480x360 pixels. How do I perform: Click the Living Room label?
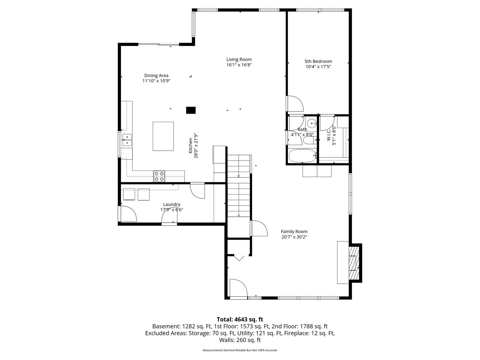[x=239, y=59]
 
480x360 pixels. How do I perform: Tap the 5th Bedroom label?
[x=318, y=61]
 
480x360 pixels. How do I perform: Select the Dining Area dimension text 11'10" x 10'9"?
[x=156, y=81]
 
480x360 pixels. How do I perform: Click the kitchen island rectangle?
[x=163, y=136]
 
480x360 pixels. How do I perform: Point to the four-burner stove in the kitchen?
[x=159, y=176]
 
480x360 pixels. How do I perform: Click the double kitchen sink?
[x=127, y=140]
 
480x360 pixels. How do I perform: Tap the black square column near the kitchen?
[x=191, y=110]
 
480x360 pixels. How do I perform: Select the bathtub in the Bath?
[x=303, y=156]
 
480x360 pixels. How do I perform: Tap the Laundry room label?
[x=172, y=204]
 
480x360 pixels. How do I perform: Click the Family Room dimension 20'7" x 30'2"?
[x=294, y=237]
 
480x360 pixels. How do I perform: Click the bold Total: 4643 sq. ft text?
[x=240, y=319]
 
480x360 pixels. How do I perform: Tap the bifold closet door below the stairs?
[x=239, y=257]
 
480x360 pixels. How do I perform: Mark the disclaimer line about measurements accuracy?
[x=240, y=350]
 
